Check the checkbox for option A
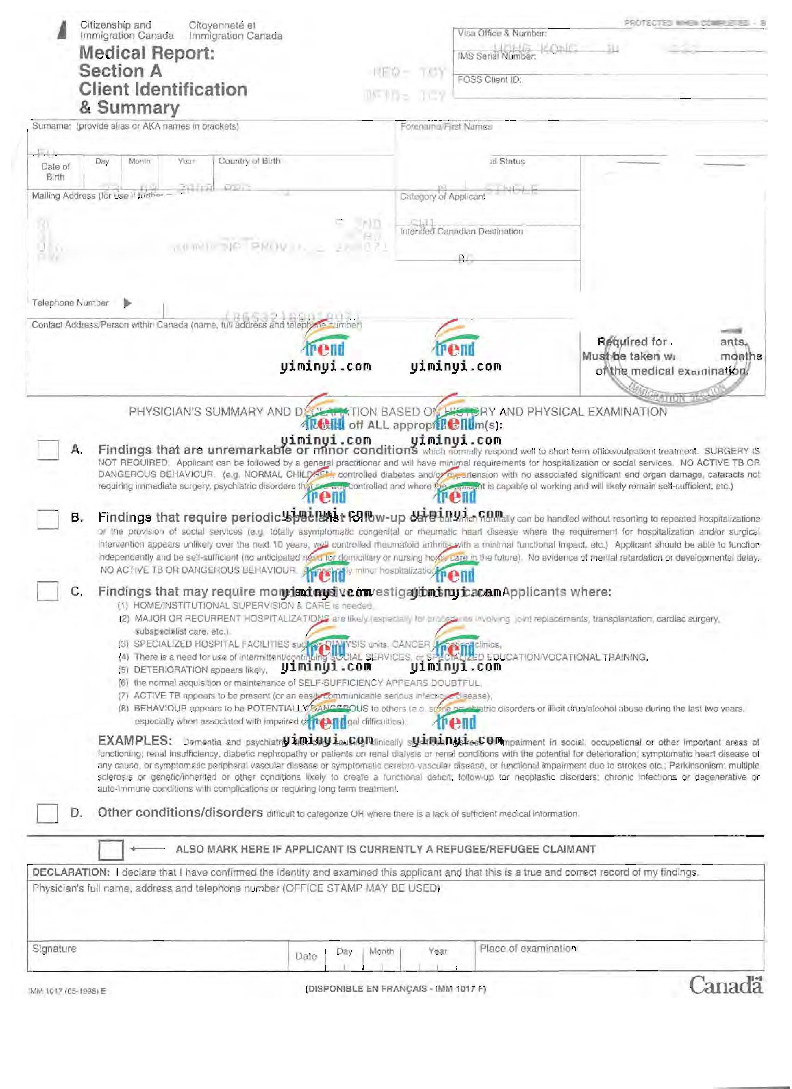48,450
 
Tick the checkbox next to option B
48,519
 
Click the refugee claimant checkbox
111,850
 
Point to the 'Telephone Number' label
70,303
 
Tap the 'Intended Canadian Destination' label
461,231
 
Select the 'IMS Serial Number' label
496,56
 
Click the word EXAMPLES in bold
135,741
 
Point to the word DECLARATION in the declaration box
71,872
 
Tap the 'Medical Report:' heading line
147,53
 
